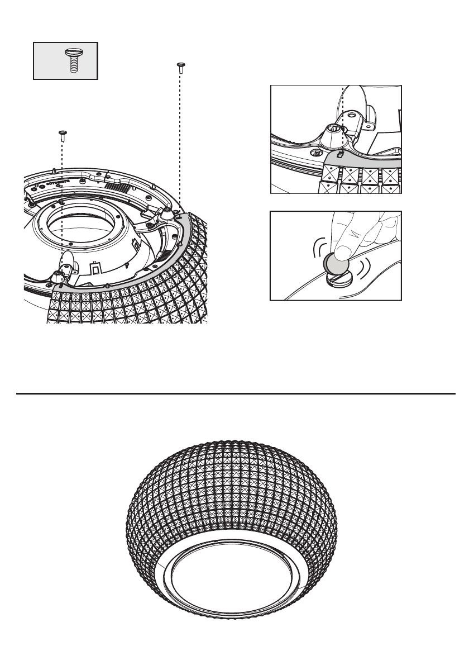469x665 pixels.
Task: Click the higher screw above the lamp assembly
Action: [180, 68]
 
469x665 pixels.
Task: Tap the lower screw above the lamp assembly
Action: [62, 134]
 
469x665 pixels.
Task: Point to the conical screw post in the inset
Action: [333, 132]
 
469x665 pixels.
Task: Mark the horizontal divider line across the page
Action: [234, 393]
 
